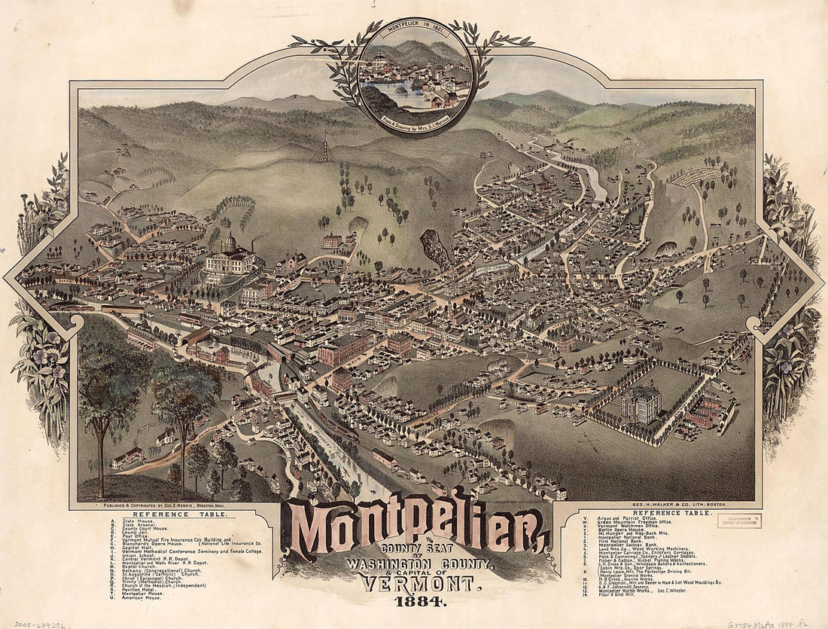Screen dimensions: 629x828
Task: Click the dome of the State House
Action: pyautogui.click(x=229, y=243)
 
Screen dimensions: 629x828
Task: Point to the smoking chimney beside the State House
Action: pyautogui.click(x=252, y=246)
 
